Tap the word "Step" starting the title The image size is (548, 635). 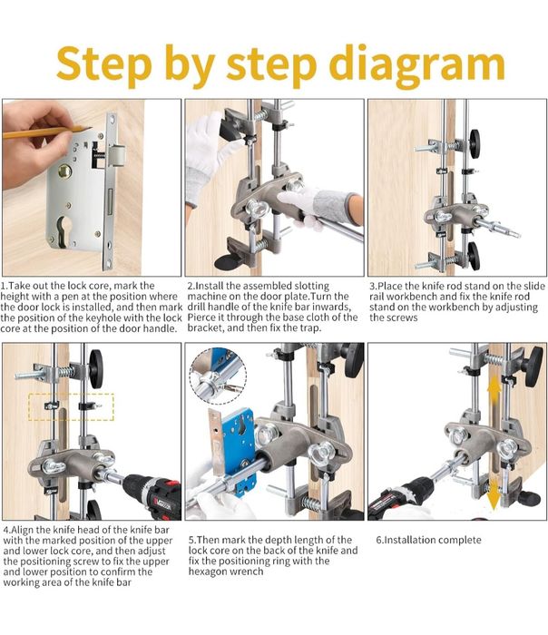pyautogui.click(x=103, y=64)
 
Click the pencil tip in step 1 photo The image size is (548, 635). pyautogui.click(x=89, y=129)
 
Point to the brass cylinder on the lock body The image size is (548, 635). pyautogui.click(x=64, y=171)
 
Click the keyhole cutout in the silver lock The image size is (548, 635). pyautogui.click(x=64, y=230)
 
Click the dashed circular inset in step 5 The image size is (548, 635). pyautogui.click(x=218, y=376)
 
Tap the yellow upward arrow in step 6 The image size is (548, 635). pyautogui.click(x=494, y=391)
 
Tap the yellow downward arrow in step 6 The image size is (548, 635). pyautogui.click(x=494, y=495)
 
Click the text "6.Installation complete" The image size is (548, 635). pyautogui.click(x=428, y=540)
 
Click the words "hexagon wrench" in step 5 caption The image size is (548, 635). pyautogui.click(x=226, y=571)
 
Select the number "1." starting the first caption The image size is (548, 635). pyautogui.click(x=5, y=286)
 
